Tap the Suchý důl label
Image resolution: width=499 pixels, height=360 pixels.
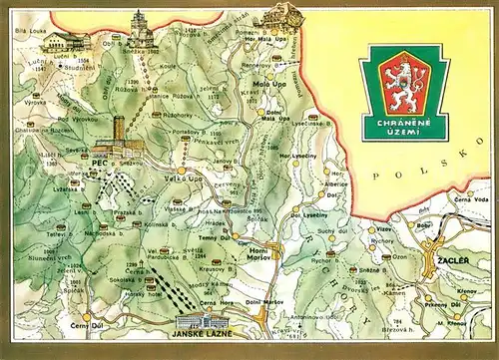[325, 231]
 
